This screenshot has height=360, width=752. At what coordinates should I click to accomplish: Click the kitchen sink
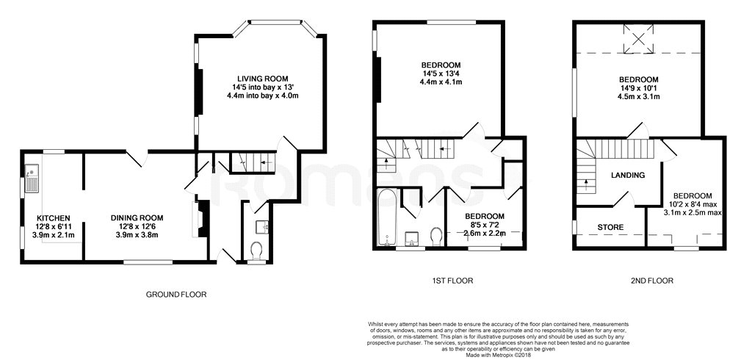(x=32, y=178)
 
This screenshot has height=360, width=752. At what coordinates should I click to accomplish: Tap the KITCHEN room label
(x=54, y=218)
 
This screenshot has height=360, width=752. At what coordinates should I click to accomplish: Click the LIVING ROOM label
(x=263, y=78)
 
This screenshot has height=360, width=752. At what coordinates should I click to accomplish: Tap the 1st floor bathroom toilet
(x=436, y=237)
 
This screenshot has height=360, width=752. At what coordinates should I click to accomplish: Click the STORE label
(x=610, y=227)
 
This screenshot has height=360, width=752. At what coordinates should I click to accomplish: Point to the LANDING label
(x=628, y=175)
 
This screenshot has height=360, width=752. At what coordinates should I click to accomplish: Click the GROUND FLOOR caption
(x=176, y=294)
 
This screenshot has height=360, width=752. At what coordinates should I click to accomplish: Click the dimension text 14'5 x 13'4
(x=441, y=73)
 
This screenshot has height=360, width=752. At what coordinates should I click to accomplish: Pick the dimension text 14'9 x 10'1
(x=638, y=88)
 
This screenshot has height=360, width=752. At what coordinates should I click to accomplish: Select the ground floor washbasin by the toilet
(x=262, y=226)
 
